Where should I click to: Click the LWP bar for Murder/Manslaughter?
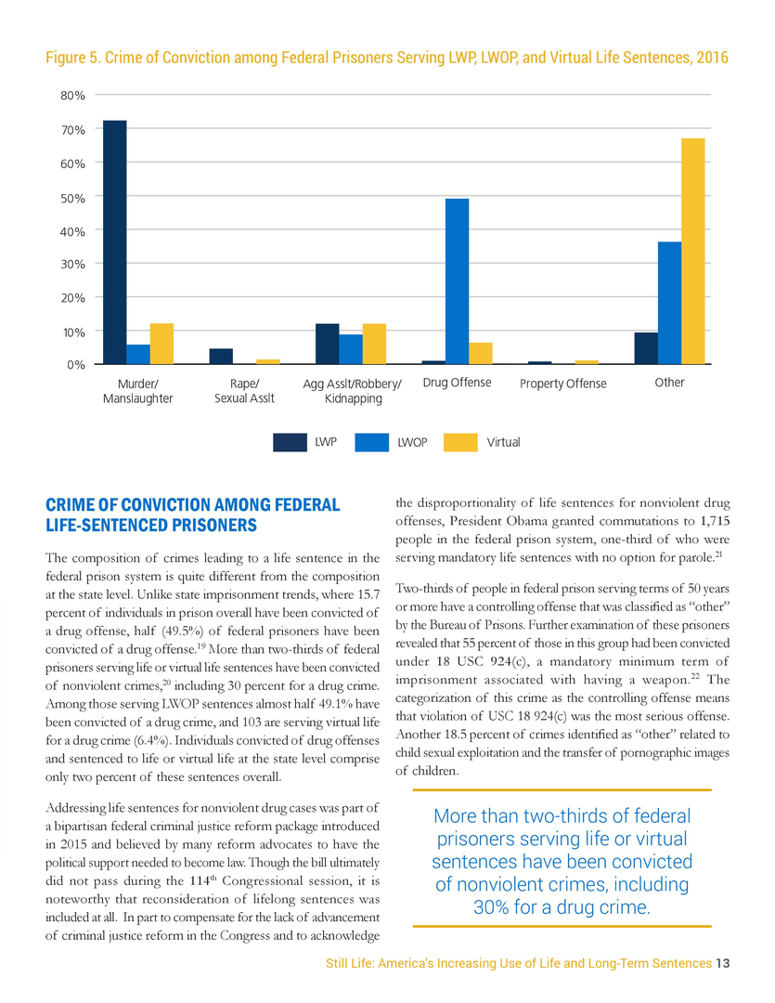pyautogui.click(x=114, y=242)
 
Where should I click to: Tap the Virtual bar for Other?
pyautogui.click(x=693, y=251)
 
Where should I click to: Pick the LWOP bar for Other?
pyautogui.click(x=669, y=303)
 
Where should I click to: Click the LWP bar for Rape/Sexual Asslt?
pyautogui.click(x=221, y=357)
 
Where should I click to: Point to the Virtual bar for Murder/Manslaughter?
pyautogui.click(x=161, y=344)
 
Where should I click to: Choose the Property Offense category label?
pyautogui.click(x=562, y=384)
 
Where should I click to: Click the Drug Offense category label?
pyautogui.click(x=457, y=383)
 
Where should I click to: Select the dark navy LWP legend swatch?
pyautogui.click(x=290, y=443)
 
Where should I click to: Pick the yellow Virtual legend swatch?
pyautogui.click(x=460, y=443)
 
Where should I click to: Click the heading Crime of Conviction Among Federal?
pyautogui.click(x=192, y=505)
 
